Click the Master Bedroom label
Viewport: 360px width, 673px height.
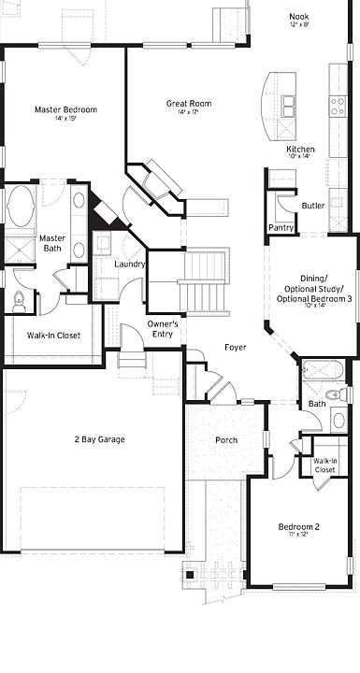[65, 109]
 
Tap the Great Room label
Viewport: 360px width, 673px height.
[189, 104]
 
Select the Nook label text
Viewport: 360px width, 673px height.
[299, 15]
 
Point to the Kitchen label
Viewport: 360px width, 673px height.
[300, 150]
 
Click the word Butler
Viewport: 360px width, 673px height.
[313, 206]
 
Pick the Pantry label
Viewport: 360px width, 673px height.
[281, 227]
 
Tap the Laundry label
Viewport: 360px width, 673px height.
[129, 265]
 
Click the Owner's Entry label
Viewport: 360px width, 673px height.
[164, 328]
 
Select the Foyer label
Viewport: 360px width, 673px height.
[236, 348]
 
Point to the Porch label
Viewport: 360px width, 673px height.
[226, 440]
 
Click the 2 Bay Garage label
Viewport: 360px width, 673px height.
[100, 439]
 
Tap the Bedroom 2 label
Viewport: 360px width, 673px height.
[299, 528]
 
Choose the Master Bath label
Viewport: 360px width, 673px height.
[51, 243]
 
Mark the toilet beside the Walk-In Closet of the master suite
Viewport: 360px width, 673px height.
[19, 301]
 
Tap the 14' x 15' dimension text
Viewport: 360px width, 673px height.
[65, 119]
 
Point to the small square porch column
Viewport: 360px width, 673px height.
[190, 574]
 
